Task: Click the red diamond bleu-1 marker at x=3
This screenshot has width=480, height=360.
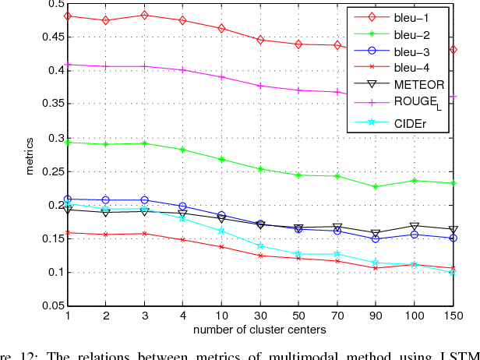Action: point(144,15)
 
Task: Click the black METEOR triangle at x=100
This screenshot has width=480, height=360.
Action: point(414,227)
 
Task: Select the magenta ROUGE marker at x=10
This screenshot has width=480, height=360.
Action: point(221,77)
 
